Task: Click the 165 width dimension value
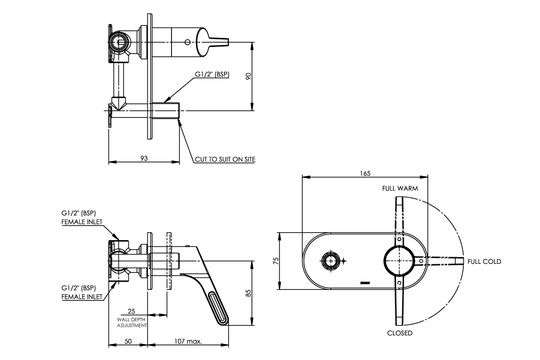(x=365, y=173)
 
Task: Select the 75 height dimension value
(x=277, y=261)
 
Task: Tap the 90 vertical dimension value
(x=248, y=77)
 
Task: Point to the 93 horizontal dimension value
(x=144, y=158)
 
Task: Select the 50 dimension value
(x=128, y=341)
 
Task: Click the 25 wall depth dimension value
(x=132, y=311)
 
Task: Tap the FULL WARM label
(x=400, y=188)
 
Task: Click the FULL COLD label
(x=484, y=261)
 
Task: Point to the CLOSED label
(x=399, y=333)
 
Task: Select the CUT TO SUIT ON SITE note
(x=225, y=160)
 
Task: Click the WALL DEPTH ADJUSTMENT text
(x=132, y=323)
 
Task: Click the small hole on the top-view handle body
(x=188, y=42)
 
